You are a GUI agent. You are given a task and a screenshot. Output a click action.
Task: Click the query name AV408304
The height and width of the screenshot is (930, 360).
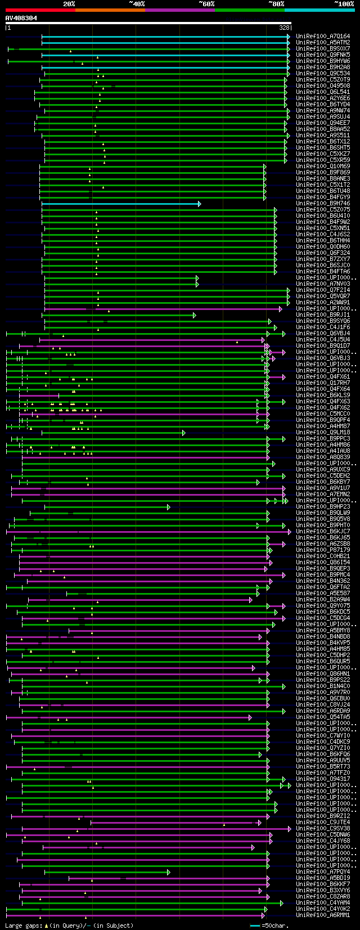coord(21,18)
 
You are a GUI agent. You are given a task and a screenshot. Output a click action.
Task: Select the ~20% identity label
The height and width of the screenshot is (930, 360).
coord(69,3)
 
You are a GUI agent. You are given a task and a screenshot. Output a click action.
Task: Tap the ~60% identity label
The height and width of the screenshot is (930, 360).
coord(206,3)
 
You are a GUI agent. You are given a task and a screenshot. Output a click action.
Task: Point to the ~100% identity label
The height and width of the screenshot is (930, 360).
coord(344,3)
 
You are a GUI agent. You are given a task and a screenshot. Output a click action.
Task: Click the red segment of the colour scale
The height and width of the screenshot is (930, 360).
coord(40,10)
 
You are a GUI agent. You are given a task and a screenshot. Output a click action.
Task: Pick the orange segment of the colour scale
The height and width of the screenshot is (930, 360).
coord(110,10)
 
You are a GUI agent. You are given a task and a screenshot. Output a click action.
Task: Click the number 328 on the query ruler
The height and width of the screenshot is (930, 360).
coord(284,27)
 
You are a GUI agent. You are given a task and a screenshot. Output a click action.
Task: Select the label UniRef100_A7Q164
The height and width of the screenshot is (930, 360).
coord(323,37)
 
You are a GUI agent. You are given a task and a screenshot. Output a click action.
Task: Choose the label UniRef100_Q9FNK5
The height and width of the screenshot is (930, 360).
coord(323,55)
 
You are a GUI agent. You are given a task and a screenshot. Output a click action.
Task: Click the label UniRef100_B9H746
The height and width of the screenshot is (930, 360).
coord(323,204)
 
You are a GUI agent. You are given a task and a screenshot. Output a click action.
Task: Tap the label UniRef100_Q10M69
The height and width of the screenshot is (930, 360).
coord(323,167)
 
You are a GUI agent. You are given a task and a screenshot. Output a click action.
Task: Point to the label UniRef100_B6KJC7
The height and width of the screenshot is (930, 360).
coord(323,532)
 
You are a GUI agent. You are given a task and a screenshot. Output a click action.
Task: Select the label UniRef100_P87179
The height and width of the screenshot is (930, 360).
coord(323,550)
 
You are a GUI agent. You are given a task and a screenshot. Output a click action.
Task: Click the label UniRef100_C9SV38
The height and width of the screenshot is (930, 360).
coord(323,829)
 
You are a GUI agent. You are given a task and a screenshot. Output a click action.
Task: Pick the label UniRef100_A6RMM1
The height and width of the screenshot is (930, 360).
coord(323,915)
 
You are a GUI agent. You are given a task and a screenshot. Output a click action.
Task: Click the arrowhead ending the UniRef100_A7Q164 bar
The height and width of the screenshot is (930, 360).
coord(289,37)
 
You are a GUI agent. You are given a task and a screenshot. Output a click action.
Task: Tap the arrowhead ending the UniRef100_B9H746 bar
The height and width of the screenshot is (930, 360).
coord(199,204)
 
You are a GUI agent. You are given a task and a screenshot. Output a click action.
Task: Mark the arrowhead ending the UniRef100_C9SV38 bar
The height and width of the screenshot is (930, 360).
coord(289,829)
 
